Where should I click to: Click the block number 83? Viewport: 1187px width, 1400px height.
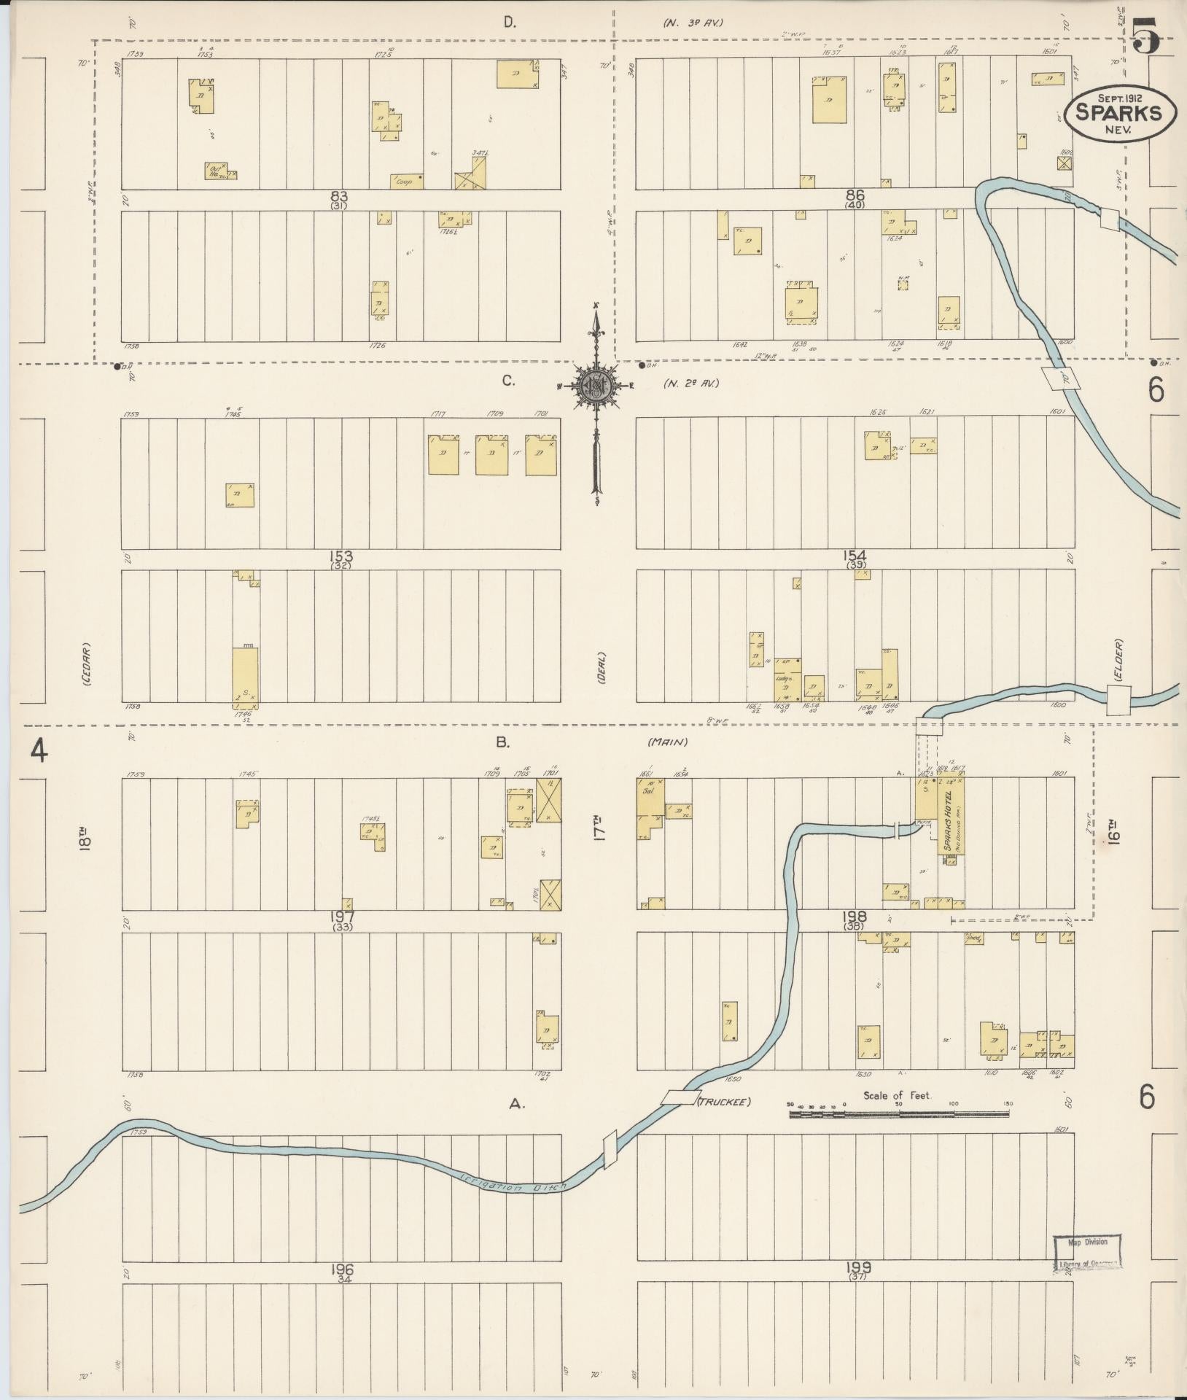[338, 196]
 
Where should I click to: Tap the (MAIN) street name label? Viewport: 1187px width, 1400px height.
[667, 742]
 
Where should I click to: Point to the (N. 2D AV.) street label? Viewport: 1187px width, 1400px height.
[690, 383]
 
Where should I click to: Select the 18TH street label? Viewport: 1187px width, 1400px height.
[85, 839]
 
